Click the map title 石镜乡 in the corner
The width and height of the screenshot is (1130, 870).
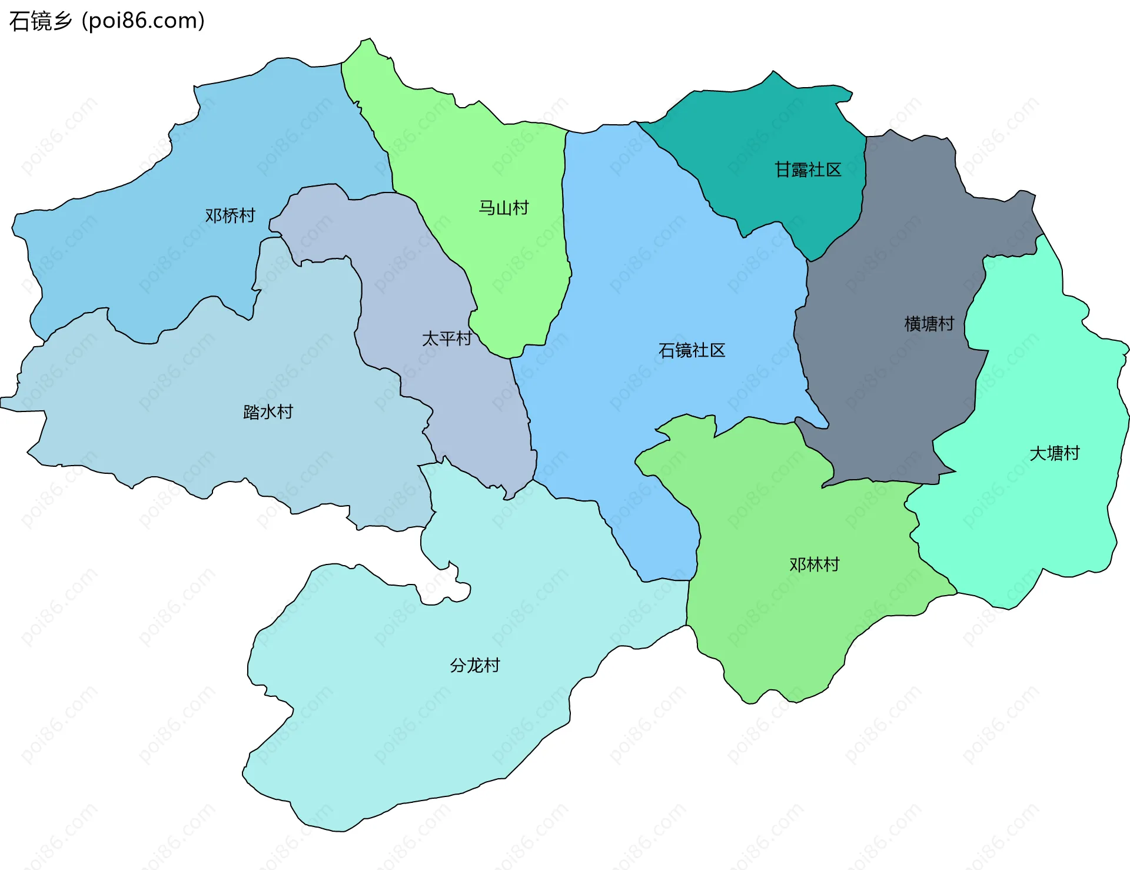[40, 21]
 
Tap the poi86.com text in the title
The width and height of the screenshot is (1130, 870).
[143, 21]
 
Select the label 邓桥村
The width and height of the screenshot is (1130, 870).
[230, 215]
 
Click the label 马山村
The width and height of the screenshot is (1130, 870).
[504, 207]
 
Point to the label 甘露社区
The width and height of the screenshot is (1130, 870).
[808, 170]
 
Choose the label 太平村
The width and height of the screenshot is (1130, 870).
[447, 338]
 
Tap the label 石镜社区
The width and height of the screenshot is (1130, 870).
[692, 350]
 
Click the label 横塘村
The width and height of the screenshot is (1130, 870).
[929, 323]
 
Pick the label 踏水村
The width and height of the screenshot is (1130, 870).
[268, 411]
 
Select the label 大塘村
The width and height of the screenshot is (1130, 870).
[1055, 453]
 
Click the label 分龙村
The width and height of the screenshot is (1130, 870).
[474, 665]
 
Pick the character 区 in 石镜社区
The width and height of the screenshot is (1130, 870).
[717, 350]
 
